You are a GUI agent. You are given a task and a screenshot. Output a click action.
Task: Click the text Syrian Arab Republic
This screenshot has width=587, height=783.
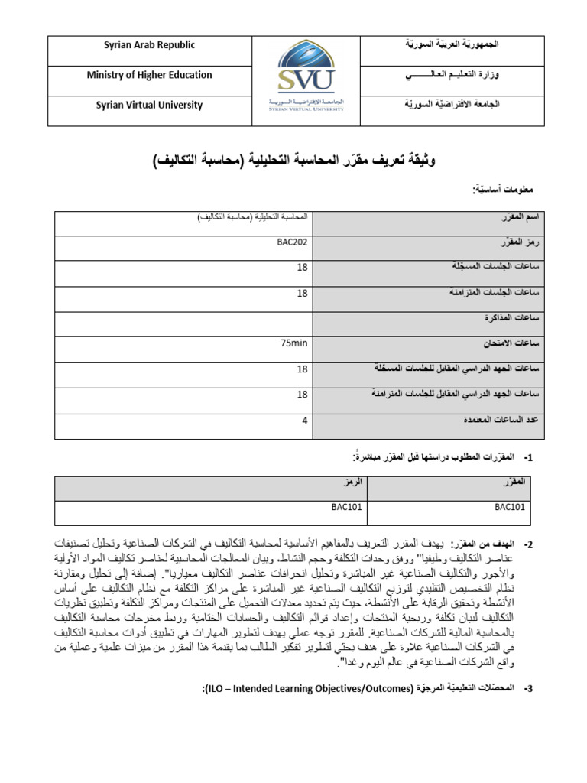coord(149,45)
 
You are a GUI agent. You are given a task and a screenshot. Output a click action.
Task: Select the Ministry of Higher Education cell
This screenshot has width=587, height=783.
coord(149,75)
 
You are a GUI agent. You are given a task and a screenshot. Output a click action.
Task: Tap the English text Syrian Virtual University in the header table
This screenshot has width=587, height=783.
coord(149,106)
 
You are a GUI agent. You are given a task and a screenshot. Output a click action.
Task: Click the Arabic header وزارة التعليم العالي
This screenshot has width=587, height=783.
coord(458,76)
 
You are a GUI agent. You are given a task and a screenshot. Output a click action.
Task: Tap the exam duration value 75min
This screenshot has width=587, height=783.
coord(294,343)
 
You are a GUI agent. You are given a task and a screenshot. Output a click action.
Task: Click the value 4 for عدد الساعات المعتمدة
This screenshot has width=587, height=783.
coord(304,420)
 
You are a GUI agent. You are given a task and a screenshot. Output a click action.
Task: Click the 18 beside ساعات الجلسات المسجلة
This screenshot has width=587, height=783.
coord(302,268)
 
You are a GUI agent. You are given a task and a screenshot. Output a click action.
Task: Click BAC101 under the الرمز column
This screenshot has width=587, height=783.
coord(347,506)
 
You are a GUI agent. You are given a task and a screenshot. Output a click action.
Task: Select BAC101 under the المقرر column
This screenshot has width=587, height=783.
coord(510,506)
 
